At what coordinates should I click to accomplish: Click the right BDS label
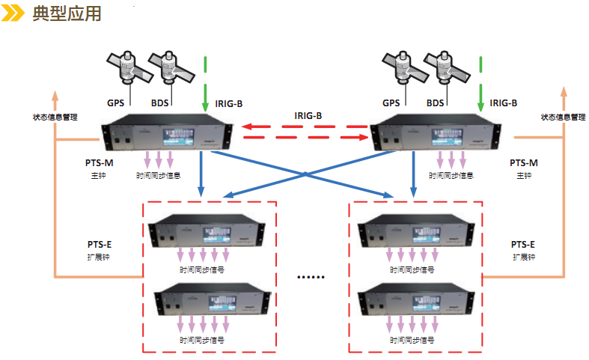[x=436, y=103]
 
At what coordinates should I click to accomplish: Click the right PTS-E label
[x=523, y=245]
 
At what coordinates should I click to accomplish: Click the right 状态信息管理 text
[x=563, y=117]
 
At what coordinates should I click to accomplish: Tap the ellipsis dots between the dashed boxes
[x=311, y=278]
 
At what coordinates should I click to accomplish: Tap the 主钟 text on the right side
[x=523, y=175]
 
